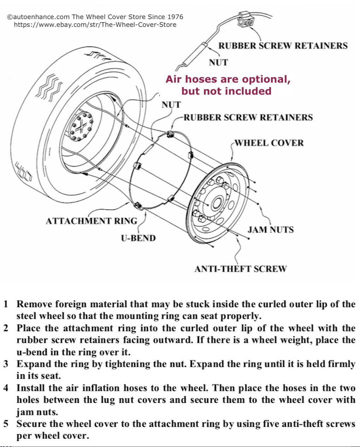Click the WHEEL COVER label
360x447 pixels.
pos(269,143)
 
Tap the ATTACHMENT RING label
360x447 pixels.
pos(91,221)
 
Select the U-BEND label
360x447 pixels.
pos(138,238)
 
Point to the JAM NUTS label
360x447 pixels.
pos(270,230)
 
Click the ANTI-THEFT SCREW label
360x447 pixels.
pos(240,269)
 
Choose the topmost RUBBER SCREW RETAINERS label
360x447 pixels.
pos(283,46)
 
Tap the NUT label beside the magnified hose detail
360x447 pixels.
pos(218,62)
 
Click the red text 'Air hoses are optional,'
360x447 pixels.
pos(228,79)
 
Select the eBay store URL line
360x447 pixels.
pos(95,25)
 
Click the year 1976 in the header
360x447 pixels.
pos(175,17)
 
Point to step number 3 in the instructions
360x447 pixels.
pos(6,364)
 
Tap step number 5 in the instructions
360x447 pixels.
pos(6,424)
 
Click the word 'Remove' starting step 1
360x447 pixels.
pos(34,304)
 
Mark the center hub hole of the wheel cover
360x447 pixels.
pos(216,203)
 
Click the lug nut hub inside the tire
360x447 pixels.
pos(82,126)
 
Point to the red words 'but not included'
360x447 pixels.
pos(226,91)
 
